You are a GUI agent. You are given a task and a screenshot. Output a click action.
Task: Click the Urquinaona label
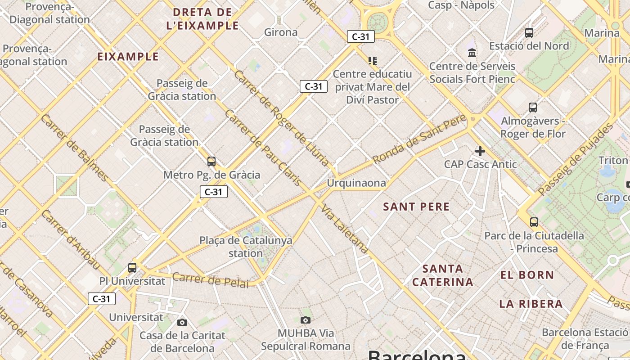356,183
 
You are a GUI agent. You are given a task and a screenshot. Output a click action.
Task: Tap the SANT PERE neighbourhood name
416,207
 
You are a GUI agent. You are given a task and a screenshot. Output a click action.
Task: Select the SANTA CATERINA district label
443,275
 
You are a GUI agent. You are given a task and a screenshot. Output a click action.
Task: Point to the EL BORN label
527,275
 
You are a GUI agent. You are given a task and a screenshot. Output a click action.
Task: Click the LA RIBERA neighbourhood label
531,304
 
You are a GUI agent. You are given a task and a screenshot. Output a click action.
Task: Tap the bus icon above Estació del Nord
529,32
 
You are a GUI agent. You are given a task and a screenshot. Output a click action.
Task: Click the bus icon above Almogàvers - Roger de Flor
533,108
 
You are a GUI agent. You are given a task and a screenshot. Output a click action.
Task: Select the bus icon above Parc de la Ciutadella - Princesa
534,222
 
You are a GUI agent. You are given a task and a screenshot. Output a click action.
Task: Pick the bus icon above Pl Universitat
132,268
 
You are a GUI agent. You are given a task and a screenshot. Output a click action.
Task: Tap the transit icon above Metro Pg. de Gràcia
211,161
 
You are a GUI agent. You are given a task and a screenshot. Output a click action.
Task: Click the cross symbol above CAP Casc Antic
480,151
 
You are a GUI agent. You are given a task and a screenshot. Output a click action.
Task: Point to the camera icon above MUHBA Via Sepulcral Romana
306,320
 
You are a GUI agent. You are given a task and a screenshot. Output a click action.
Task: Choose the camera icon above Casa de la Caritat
182,322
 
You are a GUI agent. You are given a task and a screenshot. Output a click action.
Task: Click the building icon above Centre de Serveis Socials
472,53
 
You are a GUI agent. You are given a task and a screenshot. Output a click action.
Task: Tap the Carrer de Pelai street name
210,280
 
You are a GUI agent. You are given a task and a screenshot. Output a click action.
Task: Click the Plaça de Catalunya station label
246,247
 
